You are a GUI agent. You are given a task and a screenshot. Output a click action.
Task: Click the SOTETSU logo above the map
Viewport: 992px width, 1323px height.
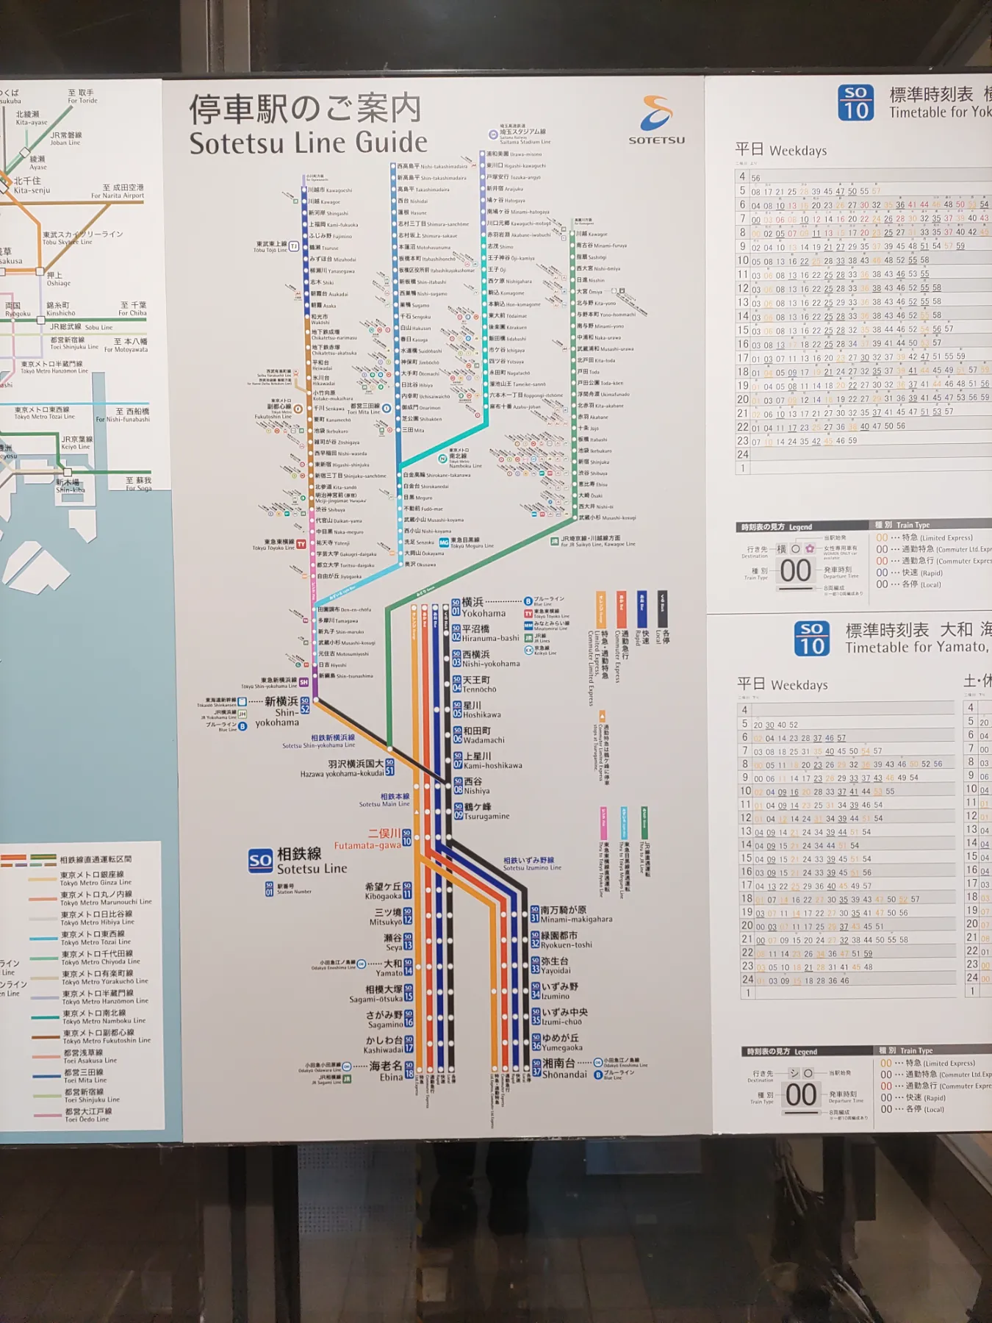[656, 121]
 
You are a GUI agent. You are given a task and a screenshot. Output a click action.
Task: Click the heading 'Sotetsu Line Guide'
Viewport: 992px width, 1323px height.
[308, 143]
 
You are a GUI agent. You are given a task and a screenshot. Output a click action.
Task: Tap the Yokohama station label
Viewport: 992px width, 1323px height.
[483, 608]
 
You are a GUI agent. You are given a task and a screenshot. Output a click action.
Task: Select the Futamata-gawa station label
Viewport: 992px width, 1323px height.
[367, 839]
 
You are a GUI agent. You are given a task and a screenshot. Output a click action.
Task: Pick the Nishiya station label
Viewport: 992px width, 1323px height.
[475, 786]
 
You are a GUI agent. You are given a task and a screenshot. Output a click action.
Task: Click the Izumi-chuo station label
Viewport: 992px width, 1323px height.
[564, 1017]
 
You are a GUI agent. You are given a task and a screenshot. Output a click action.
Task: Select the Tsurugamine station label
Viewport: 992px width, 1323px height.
[485, 811]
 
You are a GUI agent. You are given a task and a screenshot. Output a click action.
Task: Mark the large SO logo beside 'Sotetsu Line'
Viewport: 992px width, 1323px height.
[260, 861]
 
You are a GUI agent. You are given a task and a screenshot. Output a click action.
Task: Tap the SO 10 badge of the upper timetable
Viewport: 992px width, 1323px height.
[855, 102]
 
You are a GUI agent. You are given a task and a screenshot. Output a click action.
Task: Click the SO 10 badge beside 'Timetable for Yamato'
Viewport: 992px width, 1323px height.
[812, 638]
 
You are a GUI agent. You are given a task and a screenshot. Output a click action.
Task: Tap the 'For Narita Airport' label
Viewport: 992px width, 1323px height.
[118, 192]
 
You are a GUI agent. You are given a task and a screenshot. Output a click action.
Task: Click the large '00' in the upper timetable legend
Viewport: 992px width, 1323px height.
[795, 570]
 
